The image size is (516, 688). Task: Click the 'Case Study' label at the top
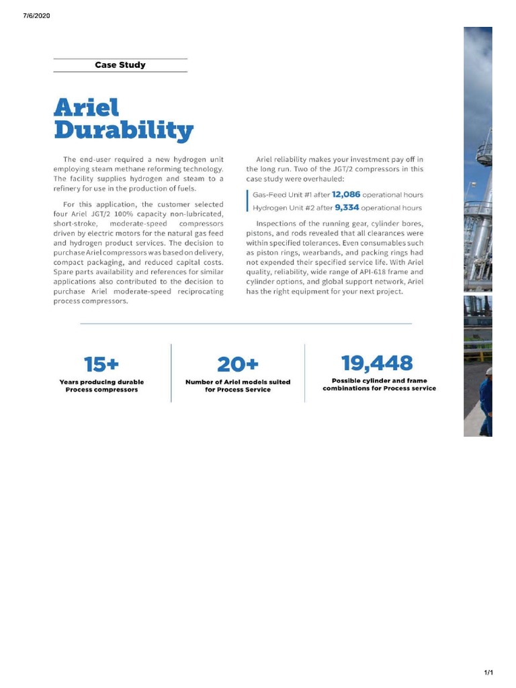coord(120,65)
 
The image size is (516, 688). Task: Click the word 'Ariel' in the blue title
coord(86,107)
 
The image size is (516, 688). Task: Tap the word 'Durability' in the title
coord(124,130)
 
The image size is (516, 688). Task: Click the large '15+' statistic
coord(101,365)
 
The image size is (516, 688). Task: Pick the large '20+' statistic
coord(238,365)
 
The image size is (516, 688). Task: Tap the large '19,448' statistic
coord(377,363)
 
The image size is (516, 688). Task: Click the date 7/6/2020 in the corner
coord(36,15)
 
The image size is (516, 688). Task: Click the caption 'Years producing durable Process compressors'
coord(101,386)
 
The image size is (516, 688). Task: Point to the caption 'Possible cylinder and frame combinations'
coord(379,384)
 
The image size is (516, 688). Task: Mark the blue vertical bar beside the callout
coord(248,201)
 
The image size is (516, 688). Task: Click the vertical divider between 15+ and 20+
coord(171,373)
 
